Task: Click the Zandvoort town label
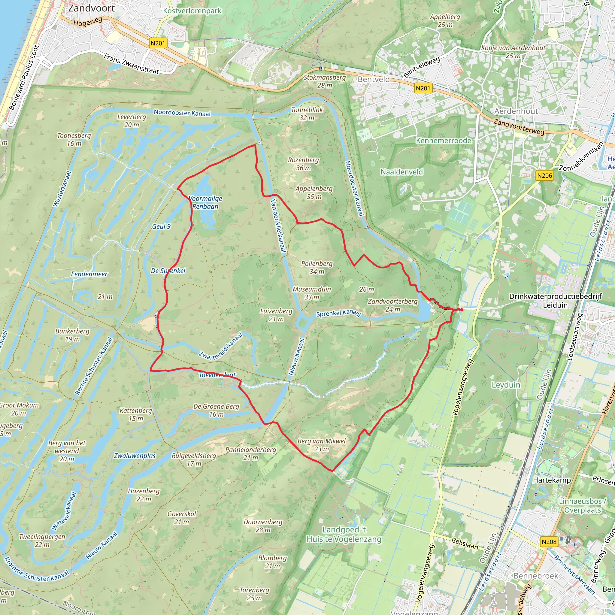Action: coord(91,8)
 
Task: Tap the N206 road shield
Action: coord(544,175)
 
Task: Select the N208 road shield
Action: coord(549,541)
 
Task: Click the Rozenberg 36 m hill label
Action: coord(303,164)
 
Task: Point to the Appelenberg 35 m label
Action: coord(314,192)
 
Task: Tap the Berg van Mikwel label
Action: coord(322,445)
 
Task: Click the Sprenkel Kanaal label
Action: coord(338,314)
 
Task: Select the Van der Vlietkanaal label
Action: coord(278,226)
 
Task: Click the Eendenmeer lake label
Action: coord(89,274)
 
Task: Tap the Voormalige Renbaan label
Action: coord(205,202)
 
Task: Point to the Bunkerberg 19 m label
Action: coord(72,335)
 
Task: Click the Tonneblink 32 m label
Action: coord(307,114)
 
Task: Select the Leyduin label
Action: coord(506,385)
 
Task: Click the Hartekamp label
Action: coord(552,480)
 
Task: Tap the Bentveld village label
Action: coord(374,79)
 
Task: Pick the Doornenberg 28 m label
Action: coord(263,526)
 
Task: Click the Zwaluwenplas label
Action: coord(135,456)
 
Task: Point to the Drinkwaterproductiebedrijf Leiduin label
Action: coord(555,301)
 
